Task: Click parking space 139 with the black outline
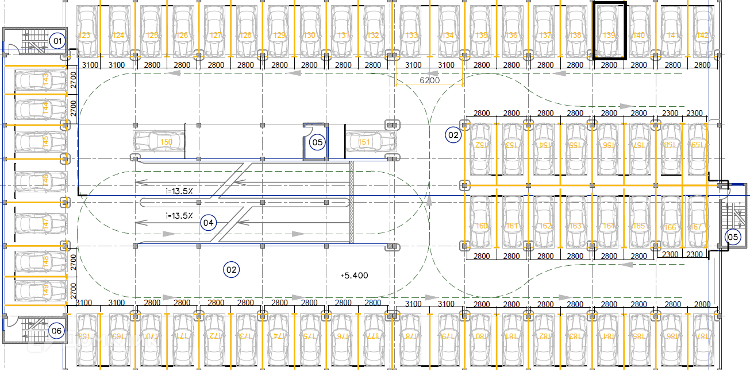(x=609, y=31)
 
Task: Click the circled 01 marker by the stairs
(x=57, y=41)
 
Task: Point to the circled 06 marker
(x=56, y=330)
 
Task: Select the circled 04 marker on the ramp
(x=208, y=222)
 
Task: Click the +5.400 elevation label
(x=354, y=276)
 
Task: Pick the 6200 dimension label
(x=429, y=80)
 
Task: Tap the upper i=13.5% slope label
(x=179, y=191)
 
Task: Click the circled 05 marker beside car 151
(x=317, y=142)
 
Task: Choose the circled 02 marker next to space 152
(x=453, y=135)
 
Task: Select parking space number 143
(x=46, y=78)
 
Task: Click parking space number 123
(x=85, y=36)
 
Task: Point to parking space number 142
(x=702, y=36)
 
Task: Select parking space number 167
(x=697, y=227)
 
